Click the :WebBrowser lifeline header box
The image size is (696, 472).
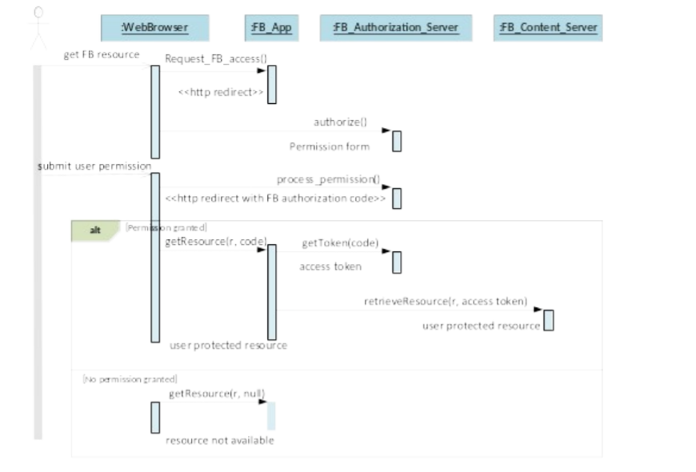coord(155,28)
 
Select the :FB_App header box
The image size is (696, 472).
coord(272,28)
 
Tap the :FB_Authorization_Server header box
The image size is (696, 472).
coord(396,28)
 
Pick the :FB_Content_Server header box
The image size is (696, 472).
coord(548,28)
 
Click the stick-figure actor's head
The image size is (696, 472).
coord(38,13)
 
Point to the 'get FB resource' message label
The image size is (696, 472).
coord(102,54)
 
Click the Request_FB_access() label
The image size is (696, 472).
coord(216,58)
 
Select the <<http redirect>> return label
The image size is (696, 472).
coord(221,92)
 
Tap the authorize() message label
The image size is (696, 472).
coord(341,122)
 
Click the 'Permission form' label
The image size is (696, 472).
coord(330,146)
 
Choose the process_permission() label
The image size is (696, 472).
coord(329,179)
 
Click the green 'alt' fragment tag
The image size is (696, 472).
coord(95,230)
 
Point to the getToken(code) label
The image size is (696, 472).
coord(341,243)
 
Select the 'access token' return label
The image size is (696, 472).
coord(330,266)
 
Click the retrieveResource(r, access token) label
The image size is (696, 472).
coord(446,302)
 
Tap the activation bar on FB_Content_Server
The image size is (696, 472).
coord(549,320)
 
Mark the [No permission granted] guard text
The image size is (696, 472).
coord(130,379)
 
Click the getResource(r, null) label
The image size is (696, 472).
coord(217,394)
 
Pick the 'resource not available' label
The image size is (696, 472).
coord(220,441)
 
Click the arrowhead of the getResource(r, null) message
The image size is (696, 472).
coord(262,402)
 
